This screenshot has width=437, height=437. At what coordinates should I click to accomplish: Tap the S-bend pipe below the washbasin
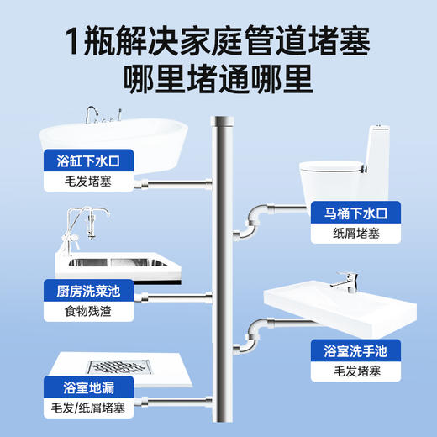point(253,337)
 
